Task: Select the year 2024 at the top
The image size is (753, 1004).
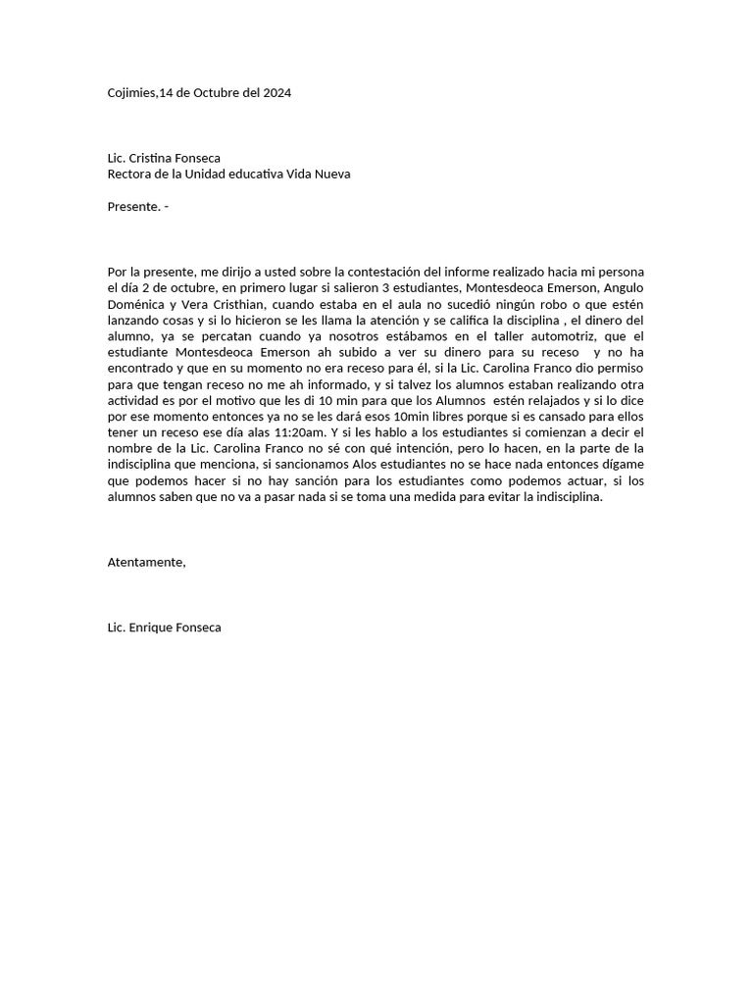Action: tap(276, 93)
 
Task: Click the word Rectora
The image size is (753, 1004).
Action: tap(130, 175)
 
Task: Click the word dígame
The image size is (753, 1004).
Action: tap(621, 465)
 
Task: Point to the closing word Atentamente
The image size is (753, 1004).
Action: tap(146, 562)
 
